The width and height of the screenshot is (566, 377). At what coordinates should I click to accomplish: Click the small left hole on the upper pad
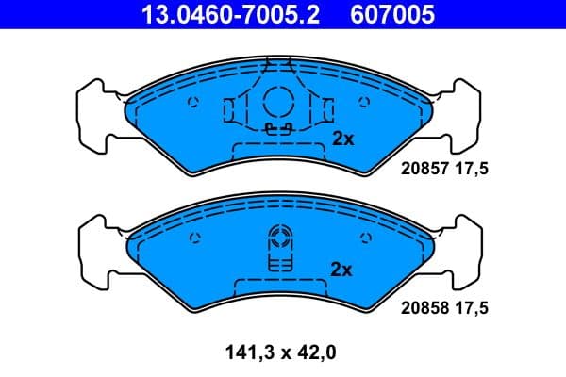pyautogui.click(x=192, y=104)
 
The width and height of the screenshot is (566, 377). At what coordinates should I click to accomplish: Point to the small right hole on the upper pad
pyautogui.click(x=364, y=104)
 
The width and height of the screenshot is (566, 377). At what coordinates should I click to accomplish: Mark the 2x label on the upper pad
pyautogui.click(x=342, y=139)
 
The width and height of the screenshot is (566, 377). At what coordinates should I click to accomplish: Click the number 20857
pyautogui.click(x=423, y=171)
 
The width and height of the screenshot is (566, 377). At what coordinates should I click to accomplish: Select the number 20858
pyautogui.click(x=423, y=307)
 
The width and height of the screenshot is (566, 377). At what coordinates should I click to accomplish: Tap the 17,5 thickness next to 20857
pyautogui.click(x=477, y=171)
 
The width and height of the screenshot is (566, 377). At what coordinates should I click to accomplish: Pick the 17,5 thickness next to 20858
pyautogui.click(x=477, y=307)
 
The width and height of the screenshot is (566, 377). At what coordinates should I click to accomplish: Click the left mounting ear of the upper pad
pyautogui.click(x=97, y=115)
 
